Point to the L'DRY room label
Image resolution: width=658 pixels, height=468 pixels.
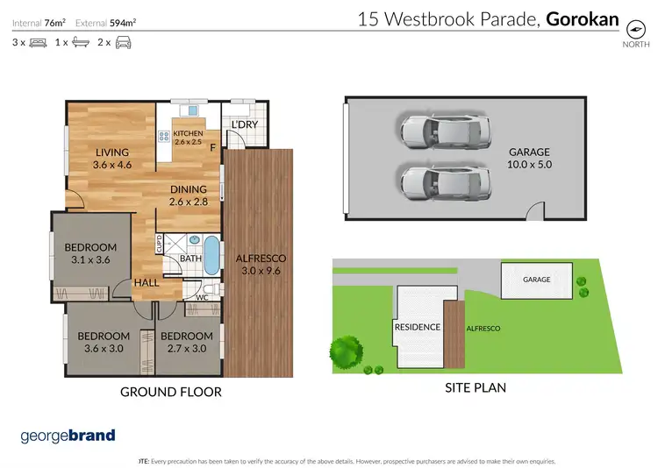[243, 125]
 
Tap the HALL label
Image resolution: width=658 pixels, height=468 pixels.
[146, 283]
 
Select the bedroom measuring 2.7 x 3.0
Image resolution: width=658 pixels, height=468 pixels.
[187, 342]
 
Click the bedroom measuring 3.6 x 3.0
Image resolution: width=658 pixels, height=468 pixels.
[104, 342]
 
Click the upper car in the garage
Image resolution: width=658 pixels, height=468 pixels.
[443, 131]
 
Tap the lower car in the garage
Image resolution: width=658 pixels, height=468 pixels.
[443, 182]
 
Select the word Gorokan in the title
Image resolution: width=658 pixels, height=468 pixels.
[583, 18]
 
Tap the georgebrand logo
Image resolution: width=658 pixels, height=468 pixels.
[68, 436]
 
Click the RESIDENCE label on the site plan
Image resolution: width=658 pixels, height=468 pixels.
[417, 327]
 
